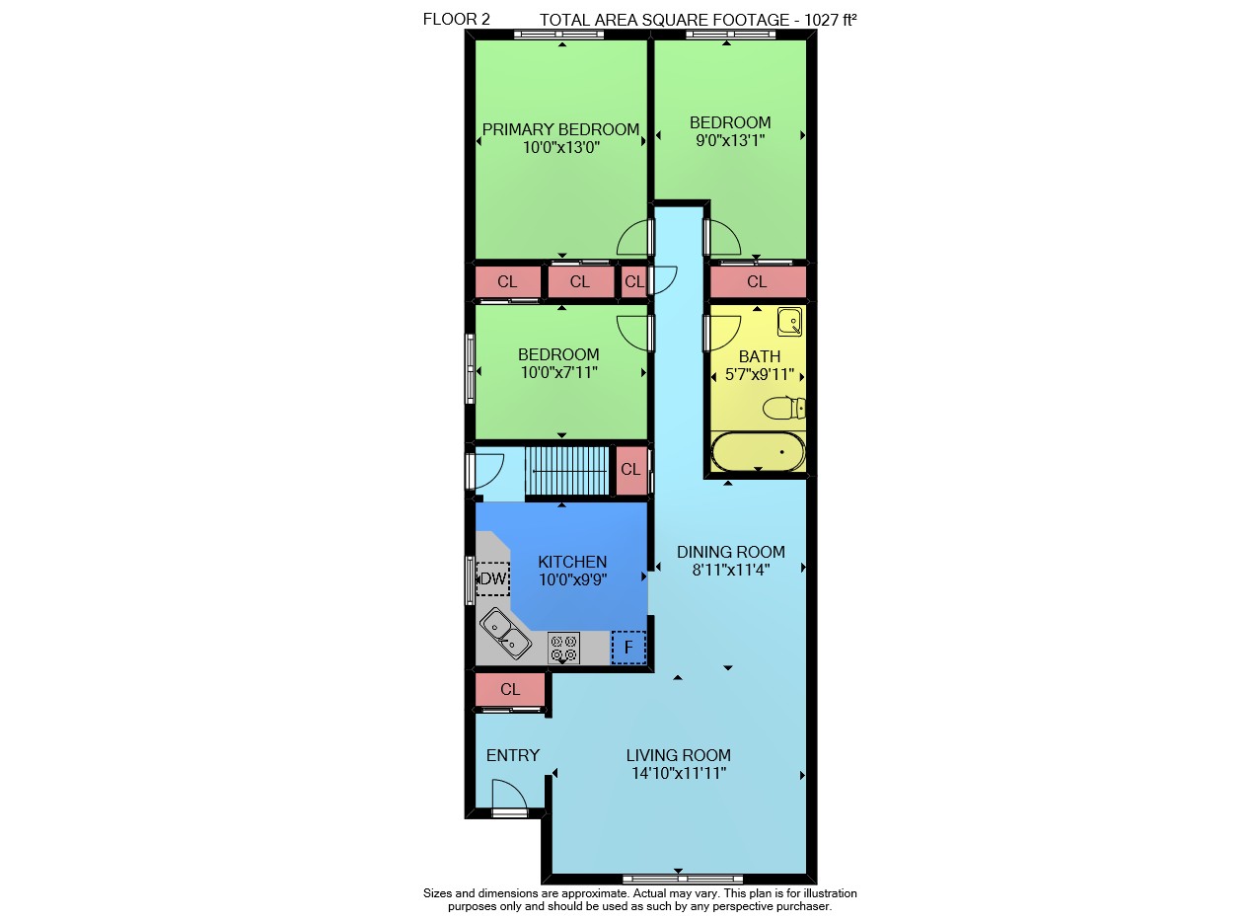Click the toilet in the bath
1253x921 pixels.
(784, 408)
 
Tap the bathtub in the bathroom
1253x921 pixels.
(758, 451)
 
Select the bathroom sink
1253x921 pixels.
(790, 321)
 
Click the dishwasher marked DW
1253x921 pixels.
(492, 578)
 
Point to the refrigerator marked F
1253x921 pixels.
(628, 648)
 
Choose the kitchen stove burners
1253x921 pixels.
(563, 648)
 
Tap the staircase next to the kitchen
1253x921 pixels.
(566, 471)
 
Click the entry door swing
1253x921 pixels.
(508, 795)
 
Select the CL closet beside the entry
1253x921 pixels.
(510, 689)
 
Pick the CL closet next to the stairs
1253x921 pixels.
(631, 470)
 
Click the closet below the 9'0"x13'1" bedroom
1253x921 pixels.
(758, 281)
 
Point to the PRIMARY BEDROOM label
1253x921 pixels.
(560, 129)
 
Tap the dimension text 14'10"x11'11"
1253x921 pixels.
(679, 773)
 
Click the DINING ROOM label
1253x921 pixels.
(730, 552)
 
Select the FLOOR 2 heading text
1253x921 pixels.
(456, 19)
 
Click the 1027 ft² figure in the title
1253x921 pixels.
(830, 20)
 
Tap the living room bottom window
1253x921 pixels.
(683, 879)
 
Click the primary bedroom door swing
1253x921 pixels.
(634, 238)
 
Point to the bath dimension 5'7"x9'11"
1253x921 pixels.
(759, 374)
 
